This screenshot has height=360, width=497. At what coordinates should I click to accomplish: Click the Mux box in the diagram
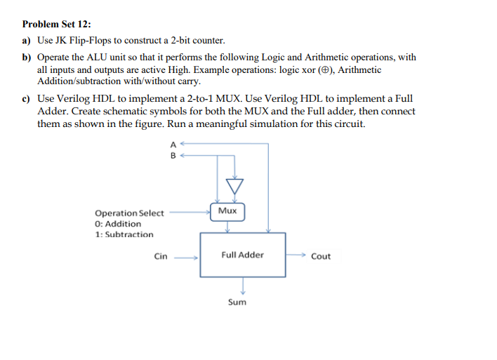pos(227,211)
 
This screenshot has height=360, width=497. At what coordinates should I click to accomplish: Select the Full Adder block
pos(242,255)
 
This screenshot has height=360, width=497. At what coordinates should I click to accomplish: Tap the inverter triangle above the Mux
pos(234,186)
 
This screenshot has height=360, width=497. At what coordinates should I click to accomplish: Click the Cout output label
pos(320,256)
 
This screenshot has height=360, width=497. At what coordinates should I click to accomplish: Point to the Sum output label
pos(237,302)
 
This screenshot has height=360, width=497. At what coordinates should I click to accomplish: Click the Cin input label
pos(161,256)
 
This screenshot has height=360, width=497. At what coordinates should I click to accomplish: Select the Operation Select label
pos(129,213)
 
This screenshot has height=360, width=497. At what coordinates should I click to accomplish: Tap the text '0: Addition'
pos(118,224)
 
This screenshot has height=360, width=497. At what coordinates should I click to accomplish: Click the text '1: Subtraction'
pos(124,234)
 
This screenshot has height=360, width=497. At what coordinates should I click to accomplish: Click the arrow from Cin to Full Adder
pos(187,257)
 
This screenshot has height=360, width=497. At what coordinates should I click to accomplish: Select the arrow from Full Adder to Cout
pos(296,255)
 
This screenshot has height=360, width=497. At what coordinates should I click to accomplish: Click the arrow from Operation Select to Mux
pos(189,208)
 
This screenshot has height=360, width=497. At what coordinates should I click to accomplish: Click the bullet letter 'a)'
pos(27,41)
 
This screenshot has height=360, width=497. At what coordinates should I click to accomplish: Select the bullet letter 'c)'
pos(27,100)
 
